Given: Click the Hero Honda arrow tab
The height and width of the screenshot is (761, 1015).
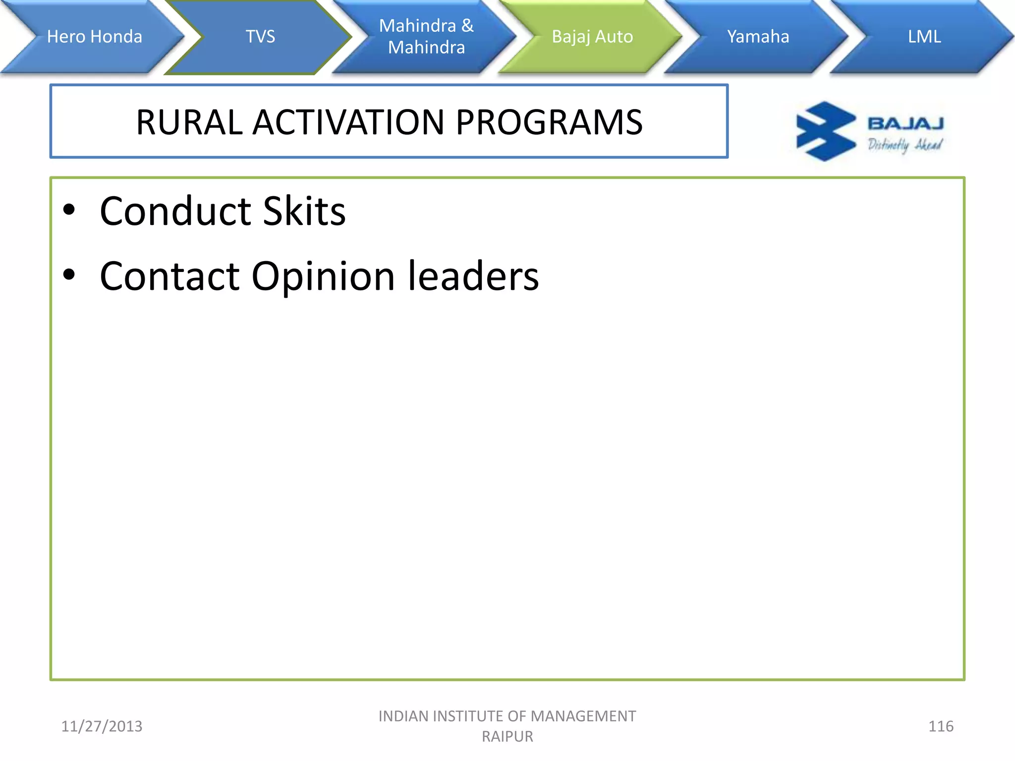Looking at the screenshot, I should [x=94, y=37].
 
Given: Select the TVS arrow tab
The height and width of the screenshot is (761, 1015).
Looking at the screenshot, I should [x=260, y=37].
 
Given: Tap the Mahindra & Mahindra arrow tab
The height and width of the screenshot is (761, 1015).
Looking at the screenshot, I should [x=426, y=37].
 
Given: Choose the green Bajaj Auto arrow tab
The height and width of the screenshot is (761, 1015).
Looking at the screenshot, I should [x=592, y=37].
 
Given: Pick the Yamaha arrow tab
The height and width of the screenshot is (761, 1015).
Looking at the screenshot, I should [x=758, y=37].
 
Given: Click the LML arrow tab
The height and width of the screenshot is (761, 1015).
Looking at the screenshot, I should [x=924, y=37].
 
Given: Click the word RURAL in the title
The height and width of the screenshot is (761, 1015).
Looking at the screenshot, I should [x=189, y=122].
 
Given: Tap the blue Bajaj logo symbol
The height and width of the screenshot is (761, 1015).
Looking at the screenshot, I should [x=825, y=131].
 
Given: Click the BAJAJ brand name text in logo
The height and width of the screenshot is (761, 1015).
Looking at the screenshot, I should [x=905, y=123].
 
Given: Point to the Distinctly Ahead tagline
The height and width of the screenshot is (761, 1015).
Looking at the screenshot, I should [x=904, y=145].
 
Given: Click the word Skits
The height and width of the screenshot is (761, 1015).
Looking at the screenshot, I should [x=304, y=211].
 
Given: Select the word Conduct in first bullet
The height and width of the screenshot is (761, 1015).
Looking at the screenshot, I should [x=175, y=211].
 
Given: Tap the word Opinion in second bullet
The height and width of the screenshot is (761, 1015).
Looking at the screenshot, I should [x=323, y=276].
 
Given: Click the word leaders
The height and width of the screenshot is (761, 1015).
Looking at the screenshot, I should [x=473, y=276].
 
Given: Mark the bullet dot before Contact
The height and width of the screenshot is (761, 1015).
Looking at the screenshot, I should [x=69, y=274].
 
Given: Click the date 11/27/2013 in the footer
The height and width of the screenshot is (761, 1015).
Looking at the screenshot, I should [x=102, y=726].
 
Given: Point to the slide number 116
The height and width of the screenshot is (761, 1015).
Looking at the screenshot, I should [x=940, y=726].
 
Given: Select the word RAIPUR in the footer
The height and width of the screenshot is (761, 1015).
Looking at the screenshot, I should [x=507, y=737].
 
